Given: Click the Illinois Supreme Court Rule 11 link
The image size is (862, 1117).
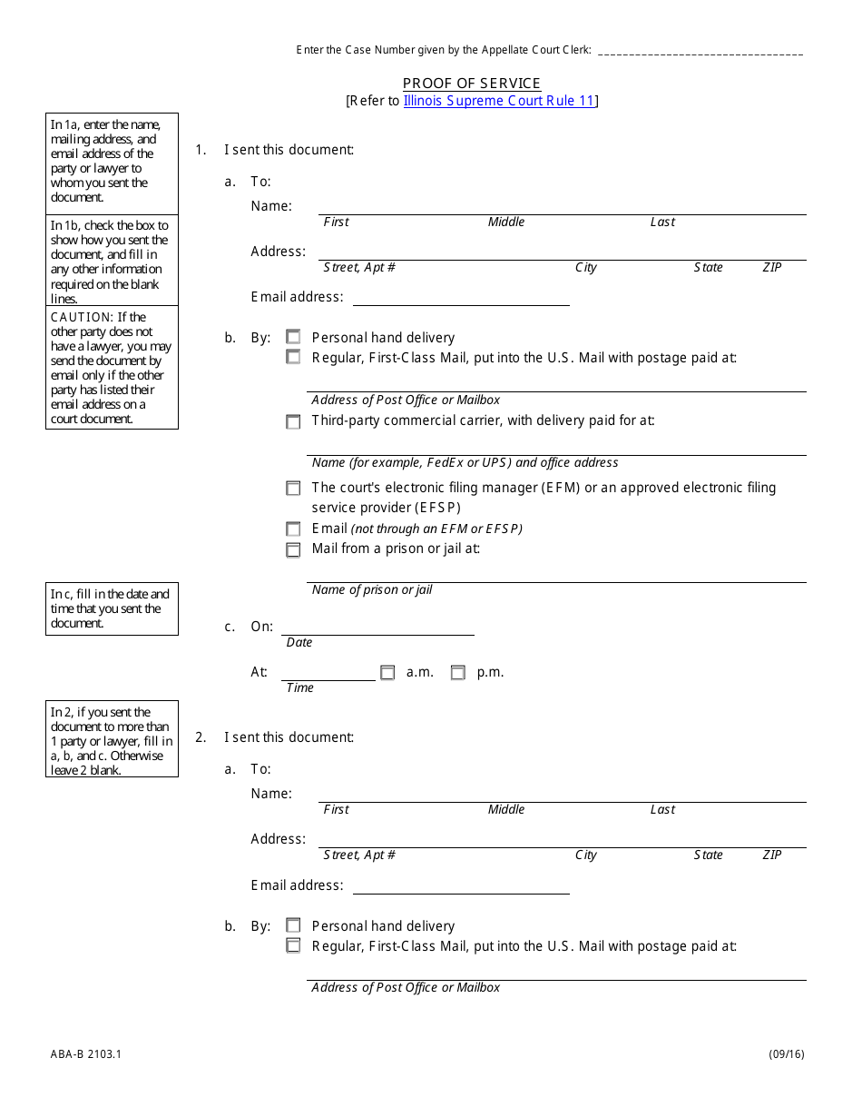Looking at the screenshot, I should tap(498, 101).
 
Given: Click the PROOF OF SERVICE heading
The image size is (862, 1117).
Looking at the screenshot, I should tap(472, 83).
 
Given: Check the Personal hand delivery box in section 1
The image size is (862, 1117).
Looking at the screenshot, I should tap(293, 337).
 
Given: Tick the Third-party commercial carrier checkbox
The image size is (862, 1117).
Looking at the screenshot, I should tap(293, 421).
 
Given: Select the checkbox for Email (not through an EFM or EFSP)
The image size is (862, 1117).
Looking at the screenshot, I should tap(293, 529).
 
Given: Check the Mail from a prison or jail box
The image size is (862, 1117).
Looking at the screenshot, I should tap(293, 549).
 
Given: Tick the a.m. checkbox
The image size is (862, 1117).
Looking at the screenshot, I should tap(387, 673).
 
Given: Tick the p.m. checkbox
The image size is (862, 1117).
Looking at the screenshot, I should tap(458, 673).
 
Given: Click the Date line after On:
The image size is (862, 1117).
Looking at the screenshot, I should tap(377, 627).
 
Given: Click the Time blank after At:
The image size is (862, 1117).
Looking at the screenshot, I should tap(328, 672).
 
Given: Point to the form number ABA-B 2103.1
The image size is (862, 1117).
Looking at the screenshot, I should tap(86, 1054).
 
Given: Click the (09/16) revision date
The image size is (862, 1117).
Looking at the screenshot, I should tap(786, 1054).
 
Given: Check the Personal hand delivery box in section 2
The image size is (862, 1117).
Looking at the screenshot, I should tap(293, 925).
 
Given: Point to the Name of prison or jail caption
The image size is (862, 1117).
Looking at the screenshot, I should tap(372, 590).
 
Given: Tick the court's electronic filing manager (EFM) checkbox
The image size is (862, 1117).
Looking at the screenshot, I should tap(293, 489).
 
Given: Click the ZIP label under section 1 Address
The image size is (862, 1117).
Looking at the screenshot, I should tap(772, 268).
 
